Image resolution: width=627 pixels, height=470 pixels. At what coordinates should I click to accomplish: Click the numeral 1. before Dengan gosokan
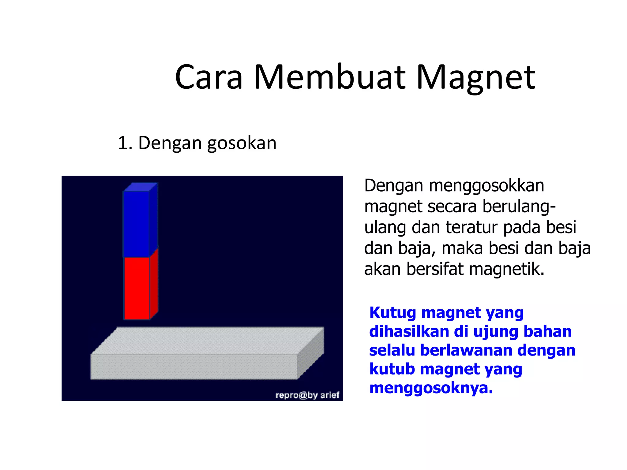(125, 143)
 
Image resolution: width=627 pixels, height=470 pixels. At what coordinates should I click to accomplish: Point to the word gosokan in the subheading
(242, 143)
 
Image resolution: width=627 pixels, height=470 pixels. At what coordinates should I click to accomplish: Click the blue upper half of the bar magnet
(136, 223)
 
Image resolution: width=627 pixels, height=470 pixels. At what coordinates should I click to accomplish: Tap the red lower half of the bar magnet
(137, 288)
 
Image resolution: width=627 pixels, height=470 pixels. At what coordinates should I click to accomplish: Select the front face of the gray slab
(193, 367)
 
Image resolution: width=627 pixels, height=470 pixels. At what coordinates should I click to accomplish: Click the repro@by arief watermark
(307, 395)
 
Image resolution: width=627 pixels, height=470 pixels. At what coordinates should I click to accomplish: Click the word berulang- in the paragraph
(519, 206)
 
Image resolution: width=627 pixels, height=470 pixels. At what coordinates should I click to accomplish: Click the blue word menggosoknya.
(431, 388)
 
